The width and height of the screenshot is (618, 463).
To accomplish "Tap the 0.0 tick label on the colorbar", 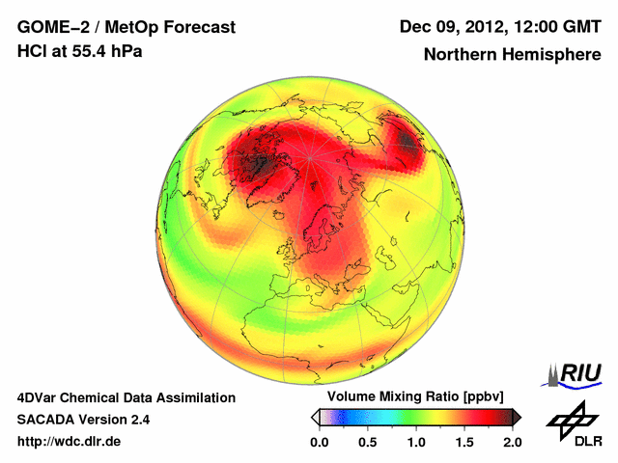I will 320,441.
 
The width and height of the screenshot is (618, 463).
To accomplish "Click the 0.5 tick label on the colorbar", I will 368,441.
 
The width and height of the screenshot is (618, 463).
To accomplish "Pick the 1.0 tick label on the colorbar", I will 416,441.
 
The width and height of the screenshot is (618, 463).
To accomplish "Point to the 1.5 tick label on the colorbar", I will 464,441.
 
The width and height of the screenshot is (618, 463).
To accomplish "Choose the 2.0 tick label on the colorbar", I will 512,441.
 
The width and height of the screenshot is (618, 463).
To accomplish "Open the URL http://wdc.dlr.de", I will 70,441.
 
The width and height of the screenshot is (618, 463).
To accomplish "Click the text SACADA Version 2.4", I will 83,420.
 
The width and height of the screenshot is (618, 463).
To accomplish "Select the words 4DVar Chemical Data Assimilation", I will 126,397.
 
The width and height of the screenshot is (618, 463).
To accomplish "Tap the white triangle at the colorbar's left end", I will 315,417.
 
